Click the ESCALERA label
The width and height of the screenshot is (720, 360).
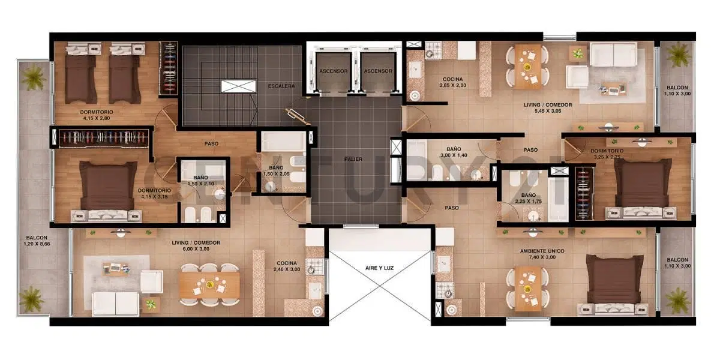click(x=281, y=86)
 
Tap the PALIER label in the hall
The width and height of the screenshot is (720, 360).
click(x=353, y=159)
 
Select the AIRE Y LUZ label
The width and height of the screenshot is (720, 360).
click(x=379, y=268)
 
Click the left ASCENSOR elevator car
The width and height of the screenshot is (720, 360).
click(x=334, y=71)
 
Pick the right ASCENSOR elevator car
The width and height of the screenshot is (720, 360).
click(x=377, y=71)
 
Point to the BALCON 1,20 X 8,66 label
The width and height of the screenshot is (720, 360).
click(x=37, y=241)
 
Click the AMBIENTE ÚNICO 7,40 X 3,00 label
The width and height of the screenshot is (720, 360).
click(x=542, y=254)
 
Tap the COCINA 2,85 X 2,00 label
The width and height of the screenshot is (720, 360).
click(x=452, y=82)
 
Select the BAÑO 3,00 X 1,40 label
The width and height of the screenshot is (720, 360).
click(x=454, y=152)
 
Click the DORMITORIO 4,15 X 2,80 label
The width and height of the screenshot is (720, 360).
click(x=97, y=115)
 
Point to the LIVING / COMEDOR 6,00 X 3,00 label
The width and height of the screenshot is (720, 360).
click(x=196, y=245)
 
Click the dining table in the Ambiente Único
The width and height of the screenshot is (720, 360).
click(x=527, y=289)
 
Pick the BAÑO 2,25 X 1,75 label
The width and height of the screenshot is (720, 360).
click(x=529, y=199)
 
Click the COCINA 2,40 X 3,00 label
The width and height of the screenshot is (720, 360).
click(x=287, y=266)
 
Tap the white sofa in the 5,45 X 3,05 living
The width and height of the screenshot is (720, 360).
click(x=613, y=55)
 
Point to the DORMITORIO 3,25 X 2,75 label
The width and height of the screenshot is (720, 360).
click(x=607, y=154)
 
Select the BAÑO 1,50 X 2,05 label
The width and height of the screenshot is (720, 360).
click(x=276, y=170)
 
